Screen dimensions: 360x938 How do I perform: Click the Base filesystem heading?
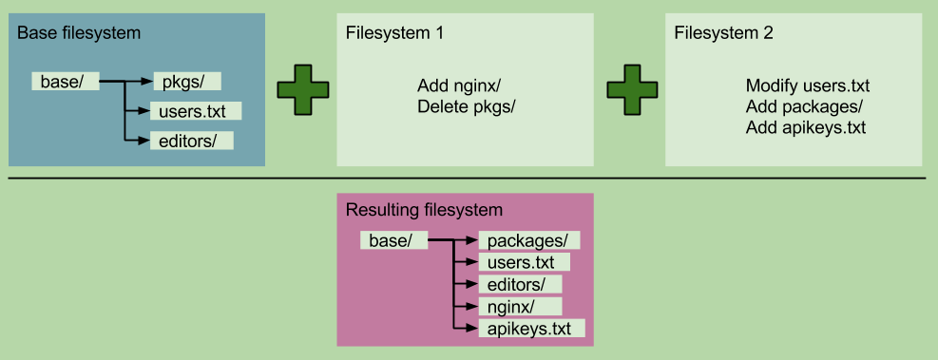click(79, 33)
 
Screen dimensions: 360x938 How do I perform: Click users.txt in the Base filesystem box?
click(194, 111)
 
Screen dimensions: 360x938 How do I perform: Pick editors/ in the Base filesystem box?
click(189, 141)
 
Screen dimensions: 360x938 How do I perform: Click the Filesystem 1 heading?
click(395, 33)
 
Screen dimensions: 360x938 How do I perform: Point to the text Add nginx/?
click(458, 85)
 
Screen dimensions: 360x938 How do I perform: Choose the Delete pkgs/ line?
click(466, 106)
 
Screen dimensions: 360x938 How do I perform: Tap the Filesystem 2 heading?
click(723, 33)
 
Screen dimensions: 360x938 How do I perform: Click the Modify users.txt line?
click(808, 85)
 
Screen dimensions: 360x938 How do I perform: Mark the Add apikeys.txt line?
click(806, 127)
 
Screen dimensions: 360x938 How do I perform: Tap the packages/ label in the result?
click(527, 241)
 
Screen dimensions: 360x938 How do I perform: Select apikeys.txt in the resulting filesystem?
click(530, 329)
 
